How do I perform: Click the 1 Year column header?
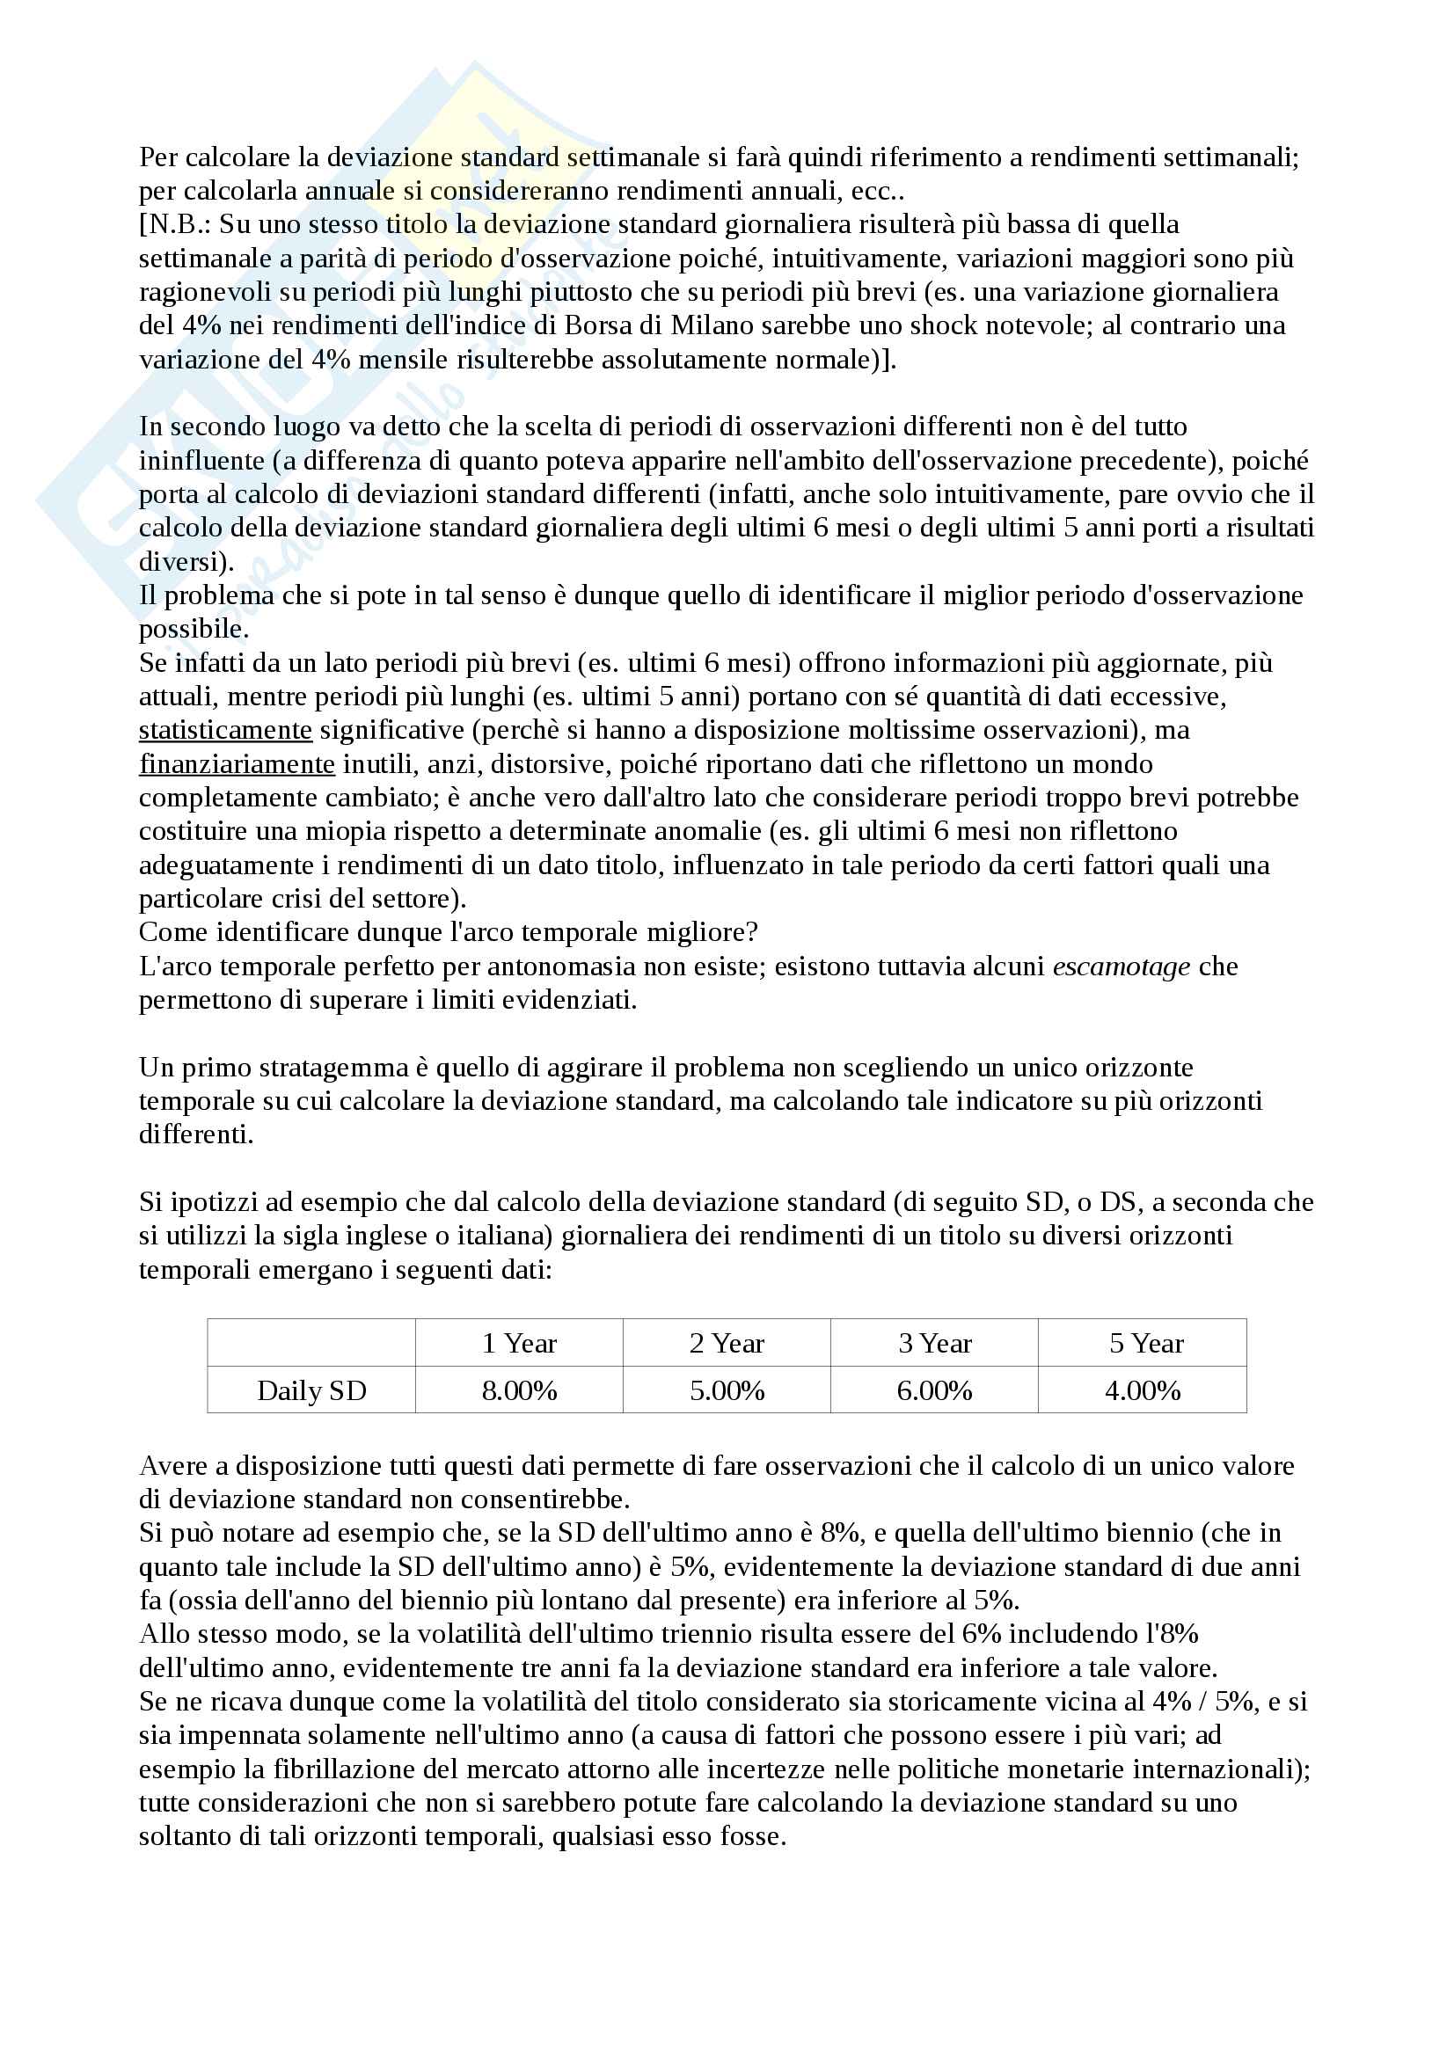(519, 1344)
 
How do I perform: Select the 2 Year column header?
(727, 1344)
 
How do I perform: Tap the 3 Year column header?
(934, 1344)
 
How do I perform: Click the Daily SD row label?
(311, 1390)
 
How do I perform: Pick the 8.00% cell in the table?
(519, 1390)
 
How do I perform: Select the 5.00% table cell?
(727, 1390)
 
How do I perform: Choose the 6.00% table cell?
(934, 1390)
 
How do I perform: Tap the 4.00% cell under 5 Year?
(1143, 1390)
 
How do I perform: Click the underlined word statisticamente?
(225, 730)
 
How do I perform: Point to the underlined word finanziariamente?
(237, 764)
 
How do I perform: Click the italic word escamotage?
(1121, 966)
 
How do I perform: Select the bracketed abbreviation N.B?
(175, 224)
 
